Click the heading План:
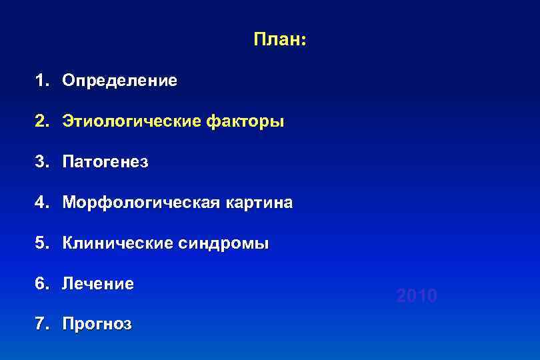(279, 40)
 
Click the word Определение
(120, 81)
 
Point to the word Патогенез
(105, 162)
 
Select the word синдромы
(224, 243)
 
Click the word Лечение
(98, 284)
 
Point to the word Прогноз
(97, 325)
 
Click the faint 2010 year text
(417, 295)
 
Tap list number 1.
(42, 81)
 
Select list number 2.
(42, 122)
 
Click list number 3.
(42, 162)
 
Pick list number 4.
(42, 203)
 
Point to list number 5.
(42, 243)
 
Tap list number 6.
(42, 284)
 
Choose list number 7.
(42, 325)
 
